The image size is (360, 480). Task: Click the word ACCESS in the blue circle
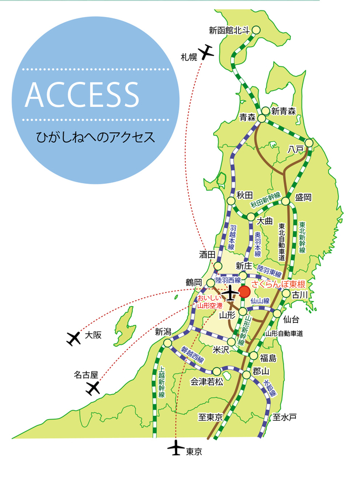pyautogui.click(x=81, y=95)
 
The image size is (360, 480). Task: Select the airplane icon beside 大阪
pyautogui.click(x=74, y=338)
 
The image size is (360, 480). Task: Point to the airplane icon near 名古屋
pyautogui.click(x=92, y=389)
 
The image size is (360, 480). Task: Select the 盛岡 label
pyautogui.click(x=304, y=197)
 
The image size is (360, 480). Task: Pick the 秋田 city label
pyautogui.click(x=244, y=194)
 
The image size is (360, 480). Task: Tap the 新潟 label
pyautogui.click(x=164, y=332)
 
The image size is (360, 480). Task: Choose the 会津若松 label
pyautogui.click(x=207, y=381)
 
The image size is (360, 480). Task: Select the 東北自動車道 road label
pyautogui.click(x=282, y=241)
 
